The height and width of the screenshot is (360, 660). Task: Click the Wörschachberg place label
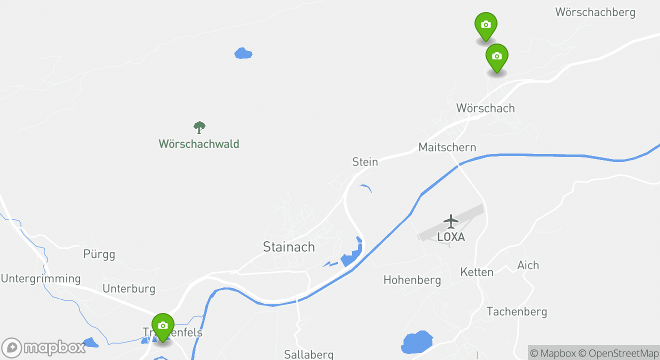point(595,12)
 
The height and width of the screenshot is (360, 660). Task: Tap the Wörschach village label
point(485,108)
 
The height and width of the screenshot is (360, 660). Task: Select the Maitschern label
point(447,147)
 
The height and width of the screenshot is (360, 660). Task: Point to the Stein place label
point(365,162)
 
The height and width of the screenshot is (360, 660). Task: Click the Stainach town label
point(289,247)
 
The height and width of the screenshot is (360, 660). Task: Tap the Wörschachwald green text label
point(199,144)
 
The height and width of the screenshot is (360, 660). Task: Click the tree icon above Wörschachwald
point(199,127)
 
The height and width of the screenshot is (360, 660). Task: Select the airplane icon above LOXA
point(451,220)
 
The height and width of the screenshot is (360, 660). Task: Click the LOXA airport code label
point(451,237)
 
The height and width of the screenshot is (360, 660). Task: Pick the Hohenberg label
point(412,280)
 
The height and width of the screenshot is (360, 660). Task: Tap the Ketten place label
point(476,272)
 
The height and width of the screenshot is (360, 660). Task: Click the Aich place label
point(528,265)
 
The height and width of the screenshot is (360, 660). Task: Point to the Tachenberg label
point(516,312)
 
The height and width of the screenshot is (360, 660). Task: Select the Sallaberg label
point(308,354)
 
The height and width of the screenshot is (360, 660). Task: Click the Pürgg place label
point(99,254)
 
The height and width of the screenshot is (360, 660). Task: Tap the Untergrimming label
point(40,279)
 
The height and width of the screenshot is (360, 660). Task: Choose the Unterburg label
point(128,289)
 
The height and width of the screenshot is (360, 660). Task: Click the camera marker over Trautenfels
point(162,325)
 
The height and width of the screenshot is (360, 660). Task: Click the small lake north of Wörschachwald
point(243,53)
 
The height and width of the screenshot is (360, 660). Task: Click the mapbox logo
point(43,347)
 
